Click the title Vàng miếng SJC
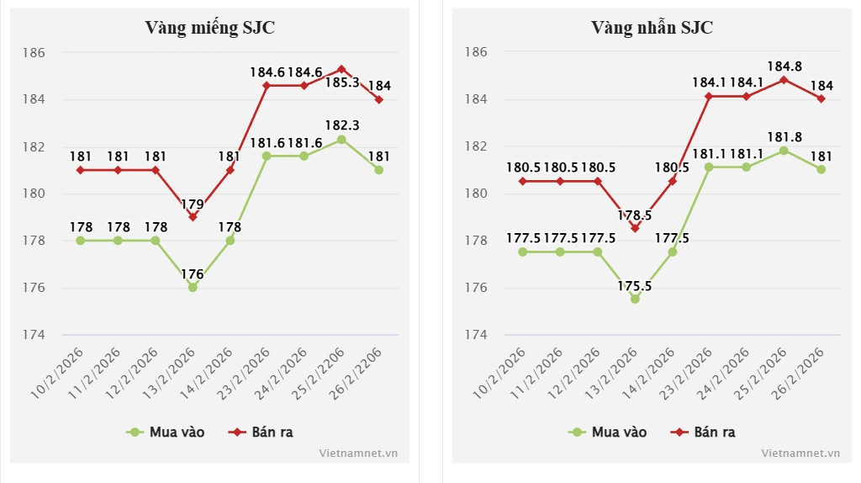(x=210, y=27)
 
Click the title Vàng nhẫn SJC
(x=652, y=27)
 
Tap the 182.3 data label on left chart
(x=341, y=125)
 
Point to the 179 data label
(x=193, y=203)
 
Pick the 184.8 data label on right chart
(x=784, y=66)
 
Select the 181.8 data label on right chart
(x=784, y=136)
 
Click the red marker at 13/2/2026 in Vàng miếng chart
(x=193, y=217)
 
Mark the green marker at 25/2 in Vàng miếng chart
(x=341, y=140)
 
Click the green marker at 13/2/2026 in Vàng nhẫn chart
(x=635, y=299)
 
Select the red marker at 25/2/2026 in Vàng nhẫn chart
(x=784, y=80)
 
